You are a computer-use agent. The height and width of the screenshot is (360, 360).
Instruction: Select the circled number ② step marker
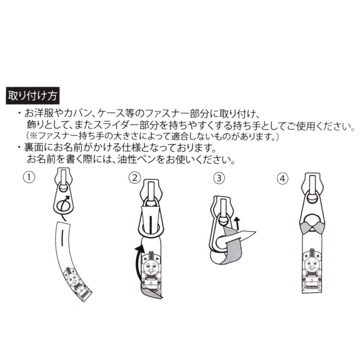(135, 177)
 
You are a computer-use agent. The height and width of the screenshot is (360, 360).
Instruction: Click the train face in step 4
(311, 265)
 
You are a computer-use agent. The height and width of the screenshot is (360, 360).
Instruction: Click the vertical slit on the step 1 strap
(62, 238)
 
